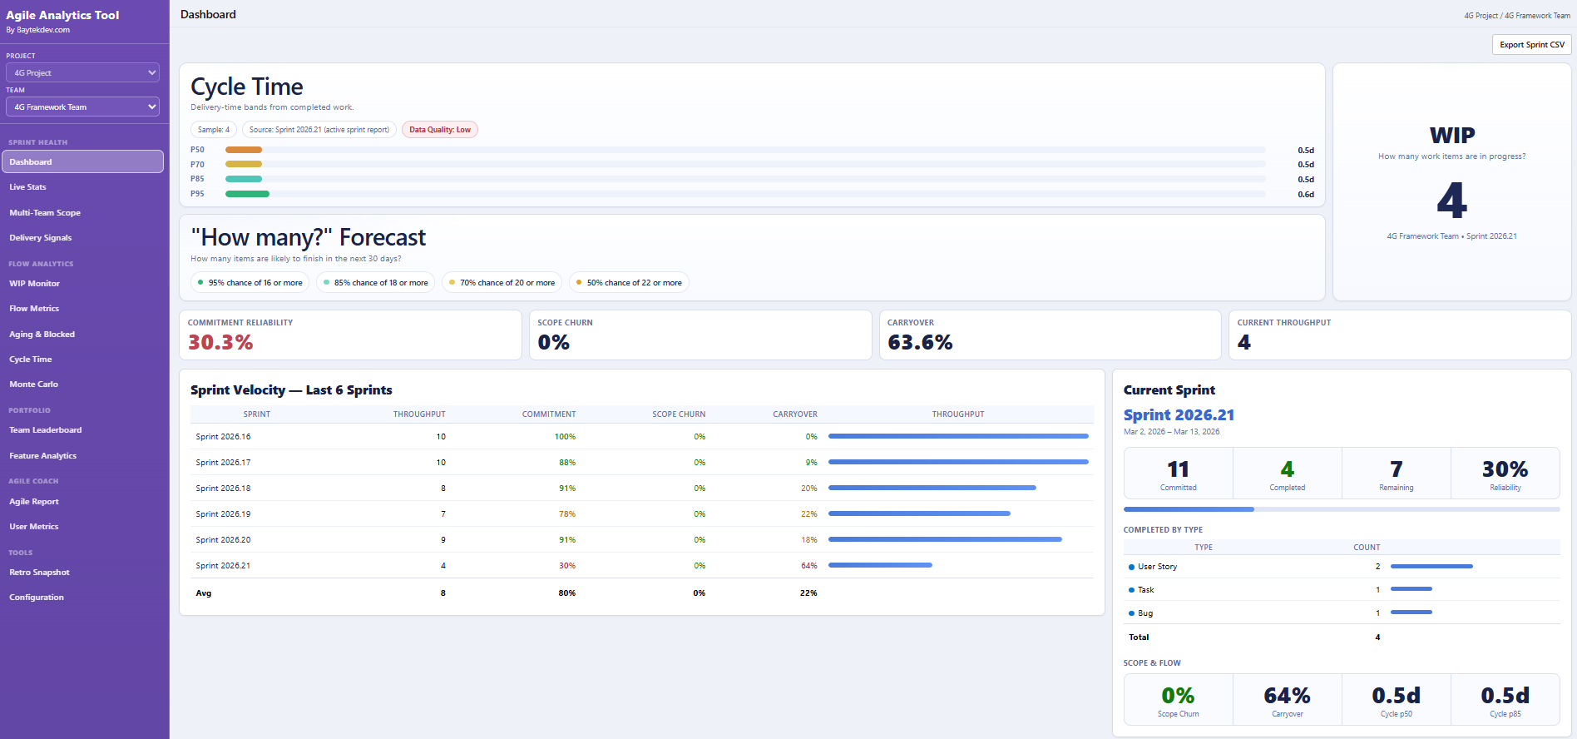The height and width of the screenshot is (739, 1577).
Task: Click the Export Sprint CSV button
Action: pos(1531,45)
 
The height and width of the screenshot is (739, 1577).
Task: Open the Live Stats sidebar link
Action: pos(27,187)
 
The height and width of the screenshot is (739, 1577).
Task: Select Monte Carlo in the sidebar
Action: pos(33,384)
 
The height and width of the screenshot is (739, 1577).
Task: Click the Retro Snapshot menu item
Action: pos(39,573)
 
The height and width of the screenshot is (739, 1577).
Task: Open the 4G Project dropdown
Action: pos(82,73)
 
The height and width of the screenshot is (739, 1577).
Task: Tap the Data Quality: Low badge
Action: pos(439,130)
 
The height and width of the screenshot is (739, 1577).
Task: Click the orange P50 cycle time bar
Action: pos(244,150)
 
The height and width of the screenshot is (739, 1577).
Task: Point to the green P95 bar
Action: pos(247,194)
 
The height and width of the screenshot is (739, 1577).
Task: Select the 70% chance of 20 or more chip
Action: pos(502,283)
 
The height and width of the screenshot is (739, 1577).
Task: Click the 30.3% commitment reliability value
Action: pos(220,342)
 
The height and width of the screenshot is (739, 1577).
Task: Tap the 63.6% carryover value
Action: pos(920,342)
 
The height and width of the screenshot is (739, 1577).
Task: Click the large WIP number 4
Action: pos(1451,201)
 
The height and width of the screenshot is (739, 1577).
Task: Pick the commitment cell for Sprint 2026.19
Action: pos(566,514)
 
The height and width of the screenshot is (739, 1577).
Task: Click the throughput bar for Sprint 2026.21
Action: pos(880,565)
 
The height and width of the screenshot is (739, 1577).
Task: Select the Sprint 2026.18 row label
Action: pos(223,489)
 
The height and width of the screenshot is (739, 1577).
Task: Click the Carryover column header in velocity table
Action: pos(794,414)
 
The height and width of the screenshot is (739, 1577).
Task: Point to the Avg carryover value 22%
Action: pos(808,593)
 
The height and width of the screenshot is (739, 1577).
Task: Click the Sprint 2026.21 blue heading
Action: pos(1179,415)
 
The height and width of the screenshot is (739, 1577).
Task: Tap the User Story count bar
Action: pos(1431,567)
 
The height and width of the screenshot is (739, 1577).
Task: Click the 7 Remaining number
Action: pos(1396,469)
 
